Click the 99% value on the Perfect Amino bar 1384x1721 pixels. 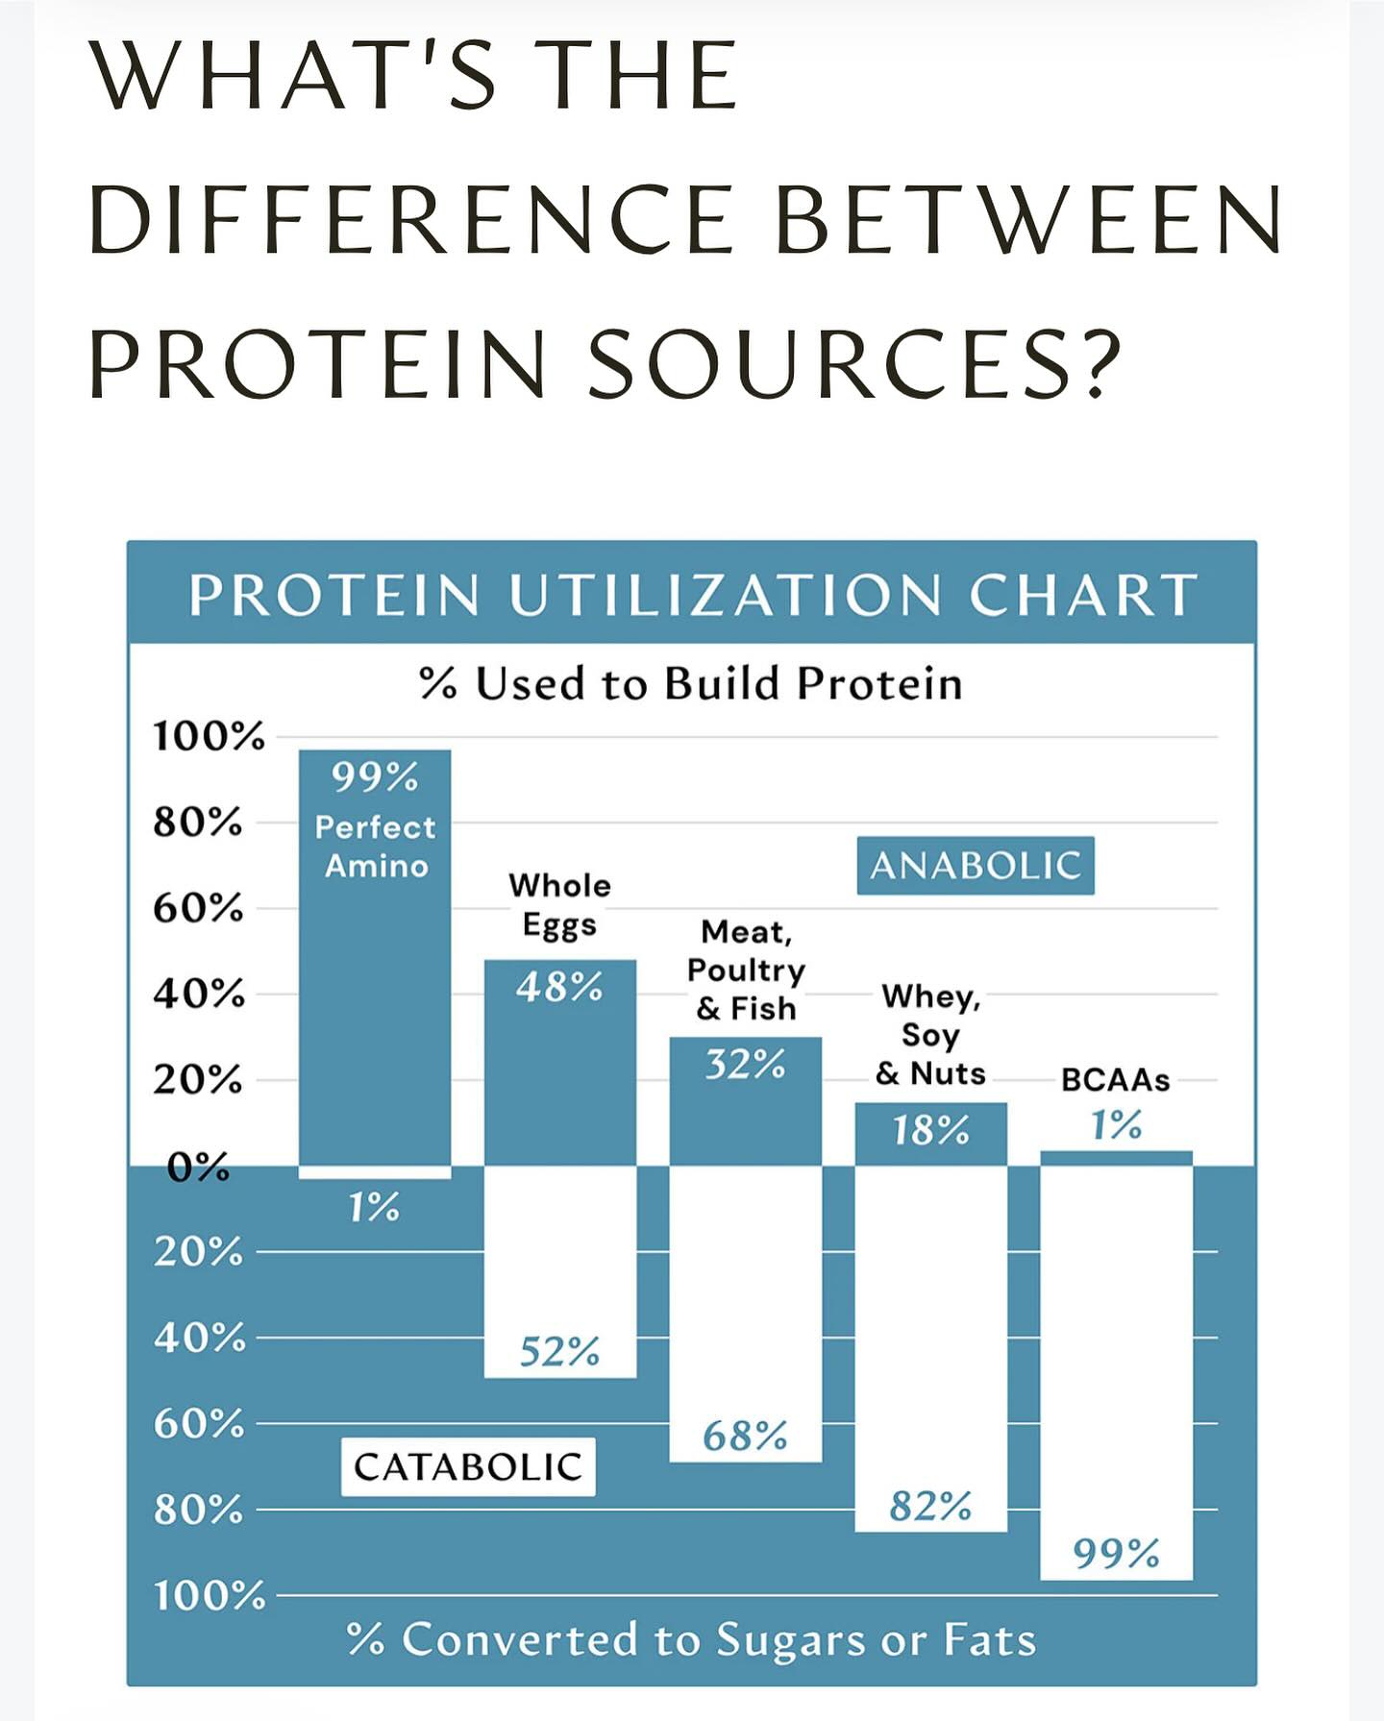(x=375, y=776)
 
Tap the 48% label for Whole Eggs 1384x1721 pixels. (x=559, y=987)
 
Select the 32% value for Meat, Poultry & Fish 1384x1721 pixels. (x=745, y=1065)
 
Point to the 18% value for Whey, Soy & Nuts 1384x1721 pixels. (x=930, y=1130)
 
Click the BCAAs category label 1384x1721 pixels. (x=1116, y=1080)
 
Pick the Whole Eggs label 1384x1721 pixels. (x=559, y=905)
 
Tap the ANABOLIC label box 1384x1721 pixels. (x=976, y=866)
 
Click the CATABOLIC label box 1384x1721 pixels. (x=468, y=1466)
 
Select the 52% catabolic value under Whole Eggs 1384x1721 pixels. (x=559, y=1352)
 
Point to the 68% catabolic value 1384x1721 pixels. (x=745, y=1437)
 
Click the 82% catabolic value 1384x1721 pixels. (x=930, y=1506)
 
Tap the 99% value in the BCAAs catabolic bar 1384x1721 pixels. (x=1116, y=1553)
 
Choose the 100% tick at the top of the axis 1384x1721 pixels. (x=209, y=737)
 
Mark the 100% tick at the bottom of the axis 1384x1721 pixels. (x=210, y=1596)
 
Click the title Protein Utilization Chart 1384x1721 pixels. (x=693, y=595)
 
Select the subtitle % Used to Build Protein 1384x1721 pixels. (x=691, y=684)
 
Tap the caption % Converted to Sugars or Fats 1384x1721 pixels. (x=692, y=1640)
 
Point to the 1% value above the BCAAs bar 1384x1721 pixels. (x=1116, y=1124)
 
